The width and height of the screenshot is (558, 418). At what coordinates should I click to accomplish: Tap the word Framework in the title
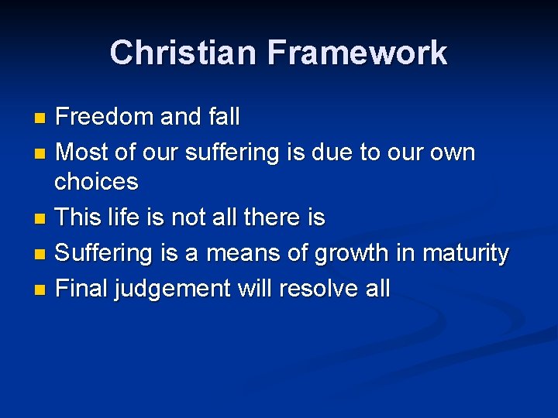(x=357, y=53)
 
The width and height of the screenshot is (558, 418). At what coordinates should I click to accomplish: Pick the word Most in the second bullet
(x=82, y=152)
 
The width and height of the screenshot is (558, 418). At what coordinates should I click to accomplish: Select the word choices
(x=96, y=183)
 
